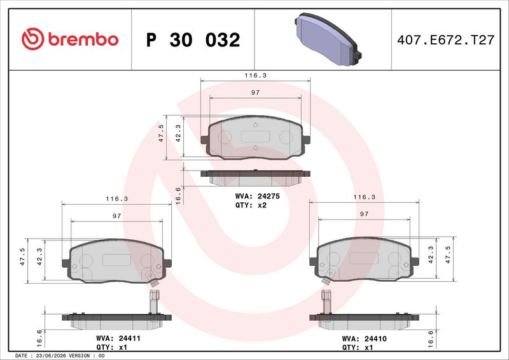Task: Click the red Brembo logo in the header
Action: click(70, 39)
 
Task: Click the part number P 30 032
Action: click(193, 40)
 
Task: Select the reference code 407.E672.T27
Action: click(446, 40)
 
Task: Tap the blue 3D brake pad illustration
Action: click(328, 39)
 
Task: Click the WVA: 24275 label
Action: click(258, 197)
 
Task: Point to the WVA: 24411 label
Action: click(118, 338)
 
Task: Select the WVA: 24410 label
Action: click(364, 339)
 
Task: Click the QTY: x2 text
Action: click(251, 205)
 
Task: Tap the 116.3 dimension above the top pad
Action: click(256, 75)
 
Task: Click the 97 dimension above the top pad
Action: click(256, 92)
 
